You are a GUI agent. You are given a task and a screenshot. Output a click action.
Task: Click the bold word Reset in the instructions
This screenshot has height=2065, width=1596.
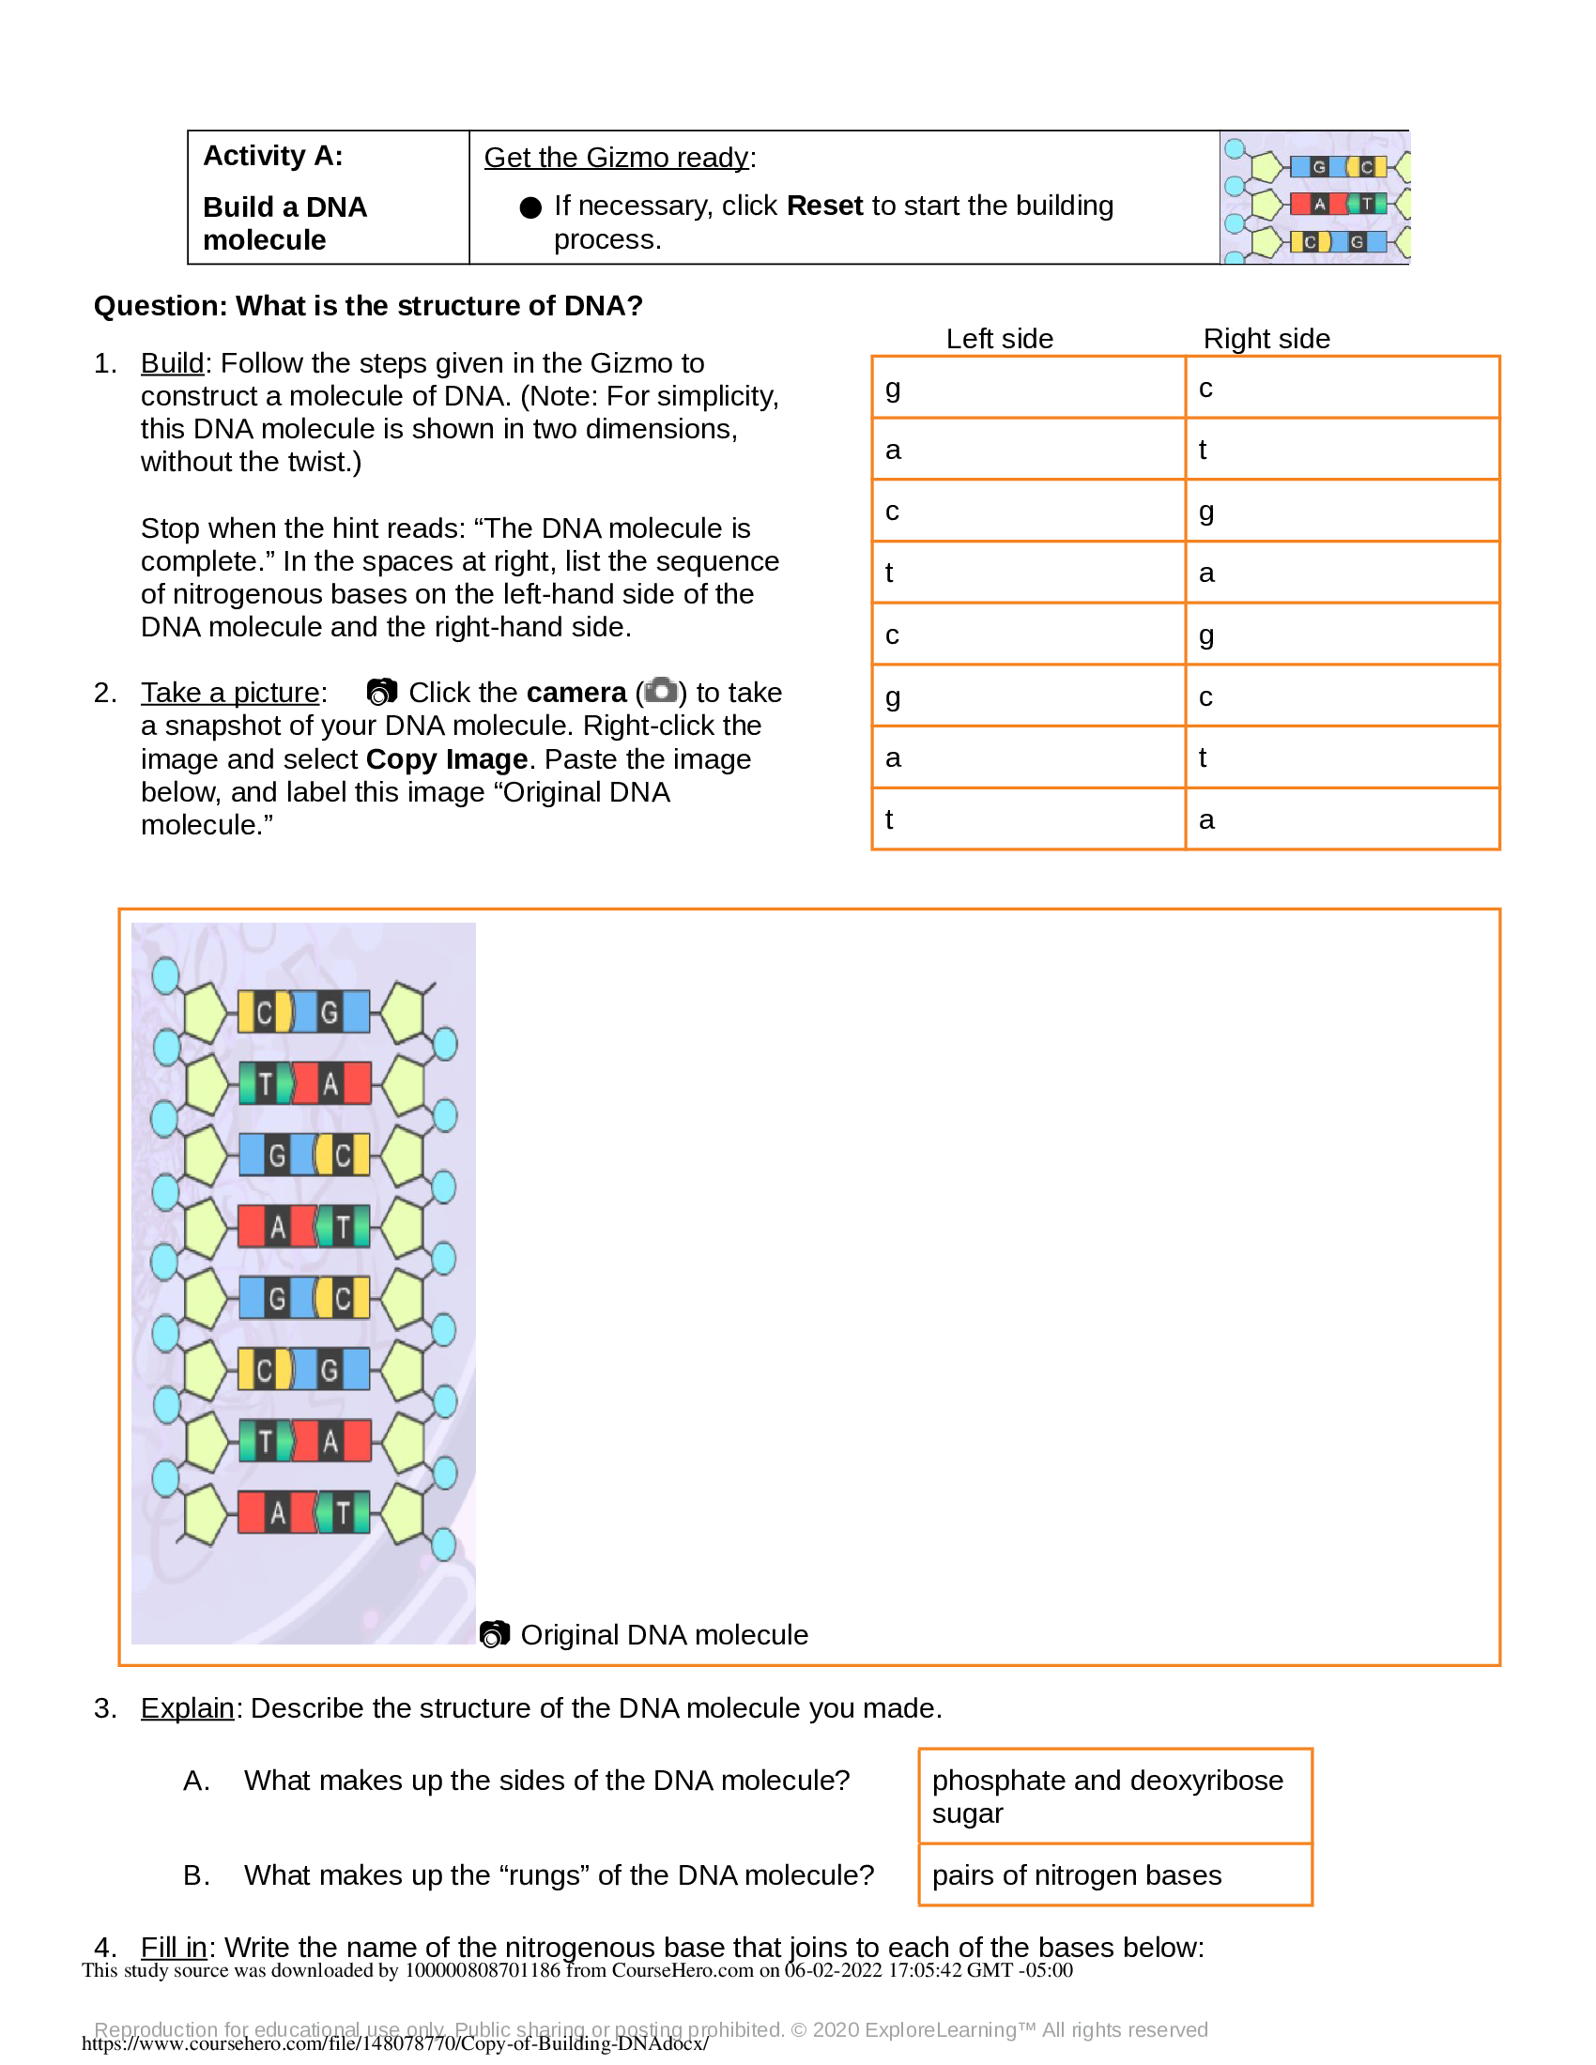point(823,206)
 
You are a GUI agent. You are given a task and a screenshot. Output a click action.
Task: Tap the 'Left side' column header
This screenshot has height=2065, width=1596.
point(999,339)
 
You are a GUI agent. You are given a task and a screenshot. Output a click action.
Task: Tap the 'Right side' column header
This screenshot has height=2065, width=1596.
point(1266,339)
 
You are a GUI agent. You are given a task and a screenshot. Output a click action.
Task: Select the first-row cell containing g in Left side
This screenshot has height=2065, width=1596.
point(1027,388)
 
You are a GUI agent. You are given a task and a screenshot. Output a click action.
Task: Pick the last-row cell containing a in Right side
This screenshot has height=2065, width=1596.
point(1341,818)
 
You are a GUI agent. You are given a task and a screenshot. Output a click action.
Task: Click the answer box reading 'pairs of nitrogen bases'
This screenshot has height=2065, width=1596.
point(1113,1874)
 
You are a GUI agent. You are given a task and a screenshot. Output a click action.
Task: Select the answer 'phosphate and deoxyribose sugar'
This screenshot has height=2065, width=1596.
point(1113,1796)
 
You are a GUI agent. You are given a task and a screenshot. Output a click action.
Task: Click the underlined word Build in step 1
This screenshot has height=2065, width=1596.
point(172,363)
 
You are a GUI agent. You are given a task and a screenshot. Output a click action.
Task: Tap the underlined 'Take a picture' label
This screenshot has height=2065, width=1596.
point(230,692)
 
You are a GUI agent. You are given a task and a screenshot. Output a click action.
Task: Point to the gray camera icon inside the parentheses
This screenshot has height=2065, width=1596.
point(660,691)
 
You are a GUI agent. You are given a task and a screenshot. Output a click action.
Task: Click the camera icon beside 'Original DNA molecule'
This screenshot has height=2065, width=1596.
point(495,1634)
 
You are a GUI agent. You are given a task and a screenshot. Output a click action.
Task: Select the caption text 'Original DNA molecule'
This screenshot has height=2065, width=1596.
point(664,1635)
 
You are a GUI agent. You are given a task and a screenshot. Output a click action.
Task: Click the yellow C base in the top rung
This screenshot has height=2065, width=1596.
point(264,1012)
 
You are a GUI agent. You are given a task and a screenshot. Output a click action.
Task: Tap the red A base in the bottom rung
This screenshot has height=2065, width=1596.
point(276,1513)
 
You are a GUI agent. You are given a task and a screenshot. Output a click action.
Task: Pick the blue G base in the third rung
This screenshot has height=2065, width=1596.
point(276,1155)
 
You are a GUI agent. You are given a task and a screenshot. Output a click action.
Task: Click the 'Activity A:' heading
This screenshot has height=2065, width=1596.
point(272,155)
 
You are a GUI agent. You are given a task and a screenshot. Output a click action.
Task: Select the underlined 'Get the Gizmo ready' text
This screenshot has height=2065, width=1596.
point(616,157)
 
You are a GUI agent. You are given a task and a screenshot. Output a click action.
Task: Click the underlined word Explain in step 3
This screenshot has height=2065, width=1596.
point(186,1707)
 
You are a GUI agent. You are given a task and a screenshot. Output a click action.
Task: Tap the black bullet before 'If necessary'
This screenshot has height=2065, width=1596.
point(530,207)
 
